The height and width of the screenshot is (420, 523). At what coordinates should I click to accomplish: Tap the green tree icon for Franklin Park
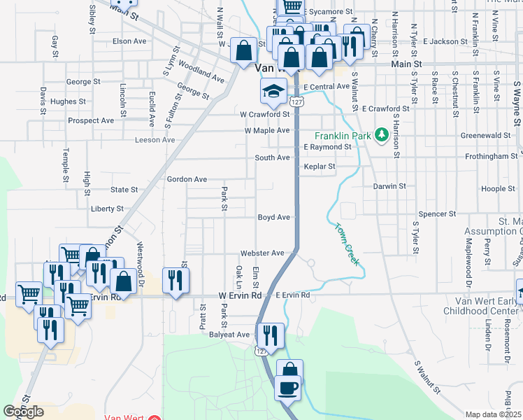click(382, 134)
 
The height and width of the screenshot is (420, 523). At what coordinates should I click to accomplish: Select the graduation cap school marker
click(274, 91)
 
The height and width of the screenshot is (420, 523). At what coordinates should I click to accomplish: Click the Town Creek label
click(346, 244)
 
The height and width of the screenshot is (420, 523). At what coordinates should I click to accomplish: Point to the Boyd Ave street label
click(273, 217)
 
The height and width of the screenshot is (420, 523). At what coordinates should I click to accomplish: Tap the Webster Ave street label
click(262, 253)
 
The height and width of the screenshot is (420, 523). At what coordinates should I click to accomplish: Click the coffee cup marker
click(288, 386)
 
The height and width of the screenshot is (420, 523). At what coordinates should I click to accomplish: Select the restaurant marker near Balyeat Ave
click(270, 336)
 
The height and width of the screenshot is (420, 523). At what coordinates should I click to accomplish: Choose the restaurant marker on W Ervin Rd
click(175, 281)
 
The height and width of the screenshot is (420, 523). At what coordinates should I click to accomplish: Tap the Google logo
click(24, 412)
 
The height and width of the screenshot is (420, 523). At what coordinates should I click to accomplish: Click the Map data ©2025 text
click(494, 414)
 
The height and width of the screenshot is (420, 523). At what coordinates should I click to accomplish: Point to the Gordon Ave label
click(187, 179)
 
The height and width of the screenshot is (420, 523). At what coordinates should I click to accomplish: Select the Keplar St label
click(320, 167)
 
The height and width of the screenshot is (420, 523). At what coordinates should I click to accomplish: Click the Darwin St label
click(389, 186)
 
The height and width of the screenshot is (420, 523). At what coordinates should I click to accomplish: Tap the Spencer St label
click(436, 213)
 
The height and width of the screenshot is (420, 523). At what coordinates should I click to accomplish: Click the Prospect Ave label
click(91, 120)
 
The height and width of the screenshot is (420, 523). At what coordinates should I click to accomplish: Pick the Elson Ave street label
click(129, 41)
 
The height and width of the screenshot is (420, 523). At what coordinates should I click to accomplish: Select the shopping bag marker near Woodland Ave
click(243, 51)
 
